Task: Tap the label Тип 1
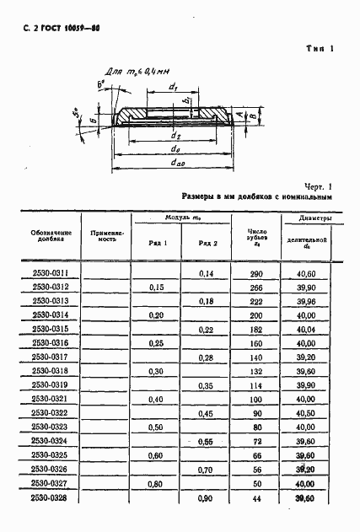click(321, 48)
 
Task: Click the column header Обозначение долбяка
click(50, 236)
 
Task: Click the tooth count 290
click(256, 274)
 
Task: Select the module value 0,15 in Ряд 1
click(156, 287)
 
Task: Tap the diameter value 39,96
click(305, 301)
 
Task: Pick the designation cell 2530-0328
click(50, 500)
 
